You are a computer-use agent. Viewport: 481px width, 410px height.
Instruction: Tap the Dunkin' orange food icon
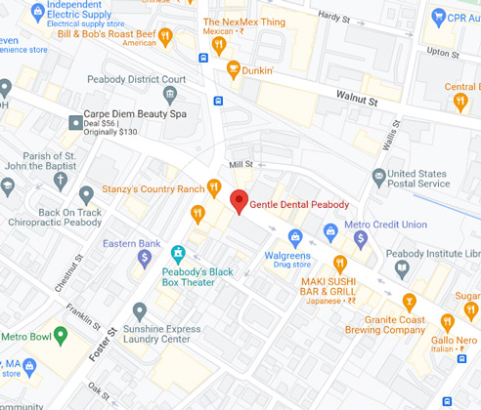click(233, 69)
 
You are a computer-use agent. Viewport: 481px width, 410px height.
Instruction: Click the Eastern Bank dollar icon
click(145, 258)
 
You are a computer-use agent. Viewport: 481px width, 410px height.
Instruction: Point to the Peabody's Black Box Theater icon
click(178, 253)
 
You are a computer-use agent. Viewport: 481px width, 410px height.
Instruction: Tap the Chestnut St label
click(71, 264)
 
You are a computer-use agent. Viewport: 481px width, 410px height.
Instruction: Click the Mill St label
click(240, 165)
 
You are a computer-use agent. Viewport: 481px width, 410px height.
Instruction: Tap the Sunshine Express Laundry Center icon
click(140, 311)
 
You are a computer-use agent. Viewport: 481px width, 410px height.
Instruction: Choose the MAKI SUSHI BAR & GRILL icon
click(340, 264)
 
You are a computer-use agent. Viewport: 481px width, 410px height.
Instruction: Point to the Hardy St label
click(333, 17)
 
